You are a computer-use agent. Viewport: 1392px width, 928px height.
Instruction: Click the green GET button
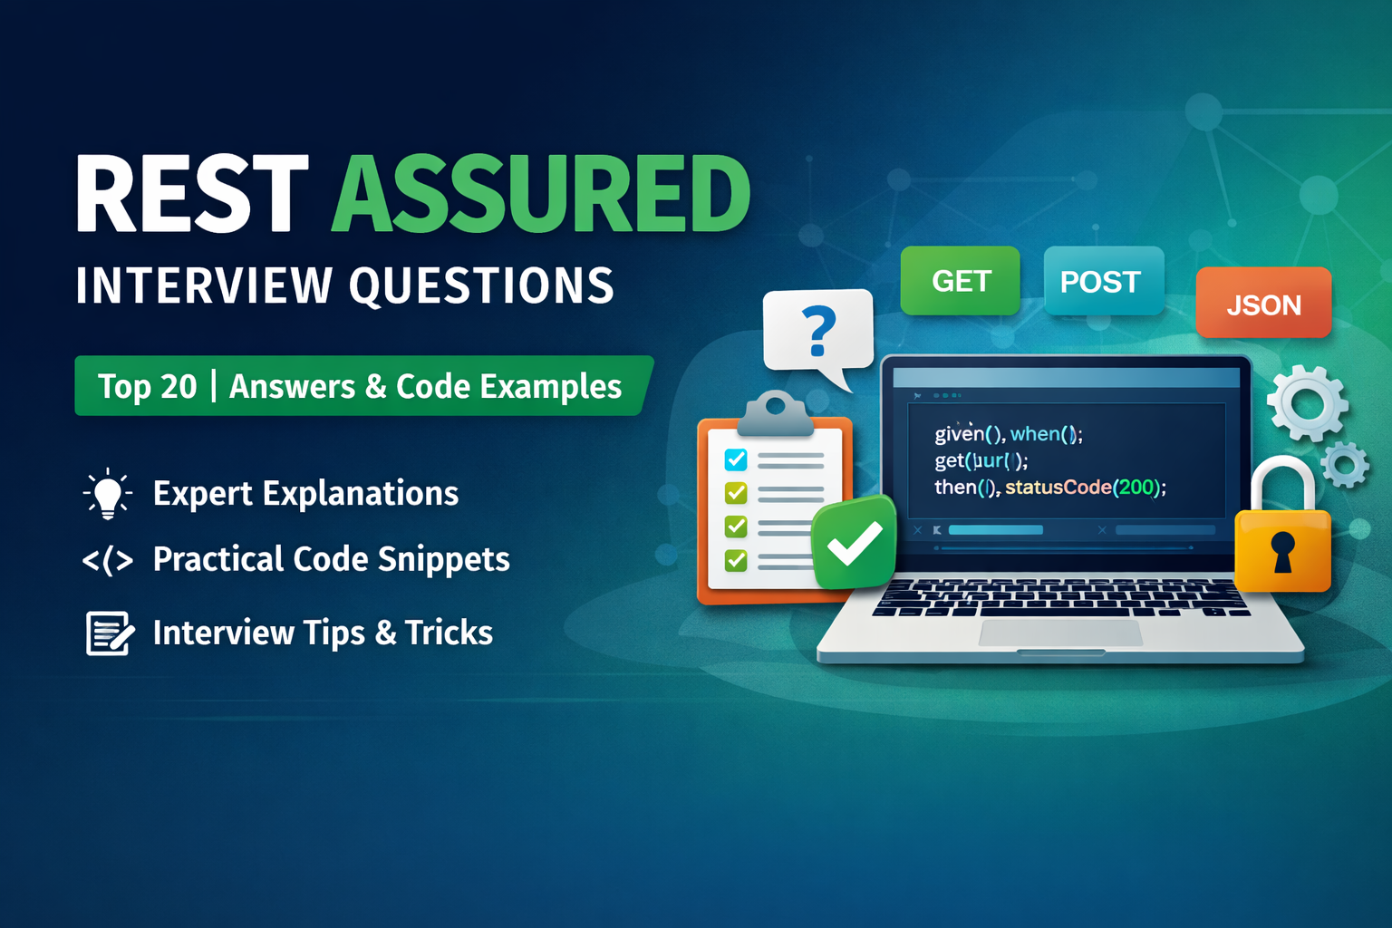960,281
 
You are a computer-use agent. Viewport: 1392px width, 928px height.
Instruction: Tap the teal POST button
1103,282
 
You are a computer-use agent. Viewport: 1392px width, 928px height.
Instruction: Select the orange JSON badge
1263,304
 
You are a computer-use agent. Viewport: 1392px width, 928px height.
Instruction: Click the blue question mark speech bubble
818,331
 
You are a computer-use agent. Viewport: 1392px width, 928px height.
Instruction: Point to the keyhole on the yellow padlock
1282,550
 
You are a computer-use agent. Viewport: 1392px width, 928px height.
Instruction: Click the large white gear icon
1306,402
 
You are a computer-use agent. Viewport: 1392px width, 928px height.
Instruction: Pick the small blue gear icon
1345,465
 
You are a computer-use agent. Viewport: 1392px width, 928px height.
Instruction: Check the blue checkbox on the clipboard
736,459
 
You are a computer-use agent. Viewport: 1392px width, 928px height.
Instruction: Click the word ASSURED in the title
541,193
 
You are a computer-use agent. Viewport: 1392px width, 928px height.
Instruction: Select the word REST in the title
192,193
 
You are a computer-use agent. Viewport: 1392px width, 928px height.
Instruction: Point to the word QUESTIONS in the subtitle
481,285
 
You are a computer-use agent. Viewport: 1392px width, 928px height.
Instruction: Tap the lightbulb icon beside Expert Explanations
108,494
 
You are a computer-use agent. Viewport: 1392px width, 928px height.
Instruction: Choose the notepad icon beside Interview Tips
110,633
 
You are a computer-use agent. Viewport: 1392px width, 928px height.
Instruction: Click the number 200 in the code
1136,487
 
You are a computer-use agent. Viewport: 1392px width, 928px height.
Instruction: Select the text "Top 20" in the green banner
147,387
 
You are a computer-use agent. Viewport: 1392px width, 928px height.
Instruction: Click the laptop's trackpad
1059,633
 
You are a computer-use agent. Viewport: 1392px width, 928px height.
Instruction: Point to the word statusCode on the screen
1058,487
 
